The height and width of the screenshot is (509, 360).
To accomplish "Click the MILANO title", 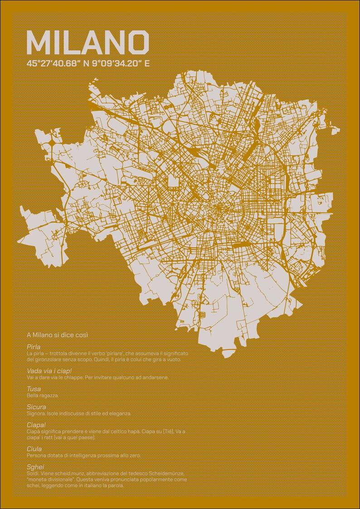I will [88, 42].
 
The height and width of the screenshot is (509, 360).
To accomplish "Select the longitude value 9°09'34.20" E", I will [121, 63].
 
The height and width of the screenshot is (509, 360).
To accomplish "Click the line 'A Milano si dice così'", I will [57, 335].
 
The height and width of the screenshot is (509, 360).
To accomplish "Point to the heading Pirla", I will [34, 347].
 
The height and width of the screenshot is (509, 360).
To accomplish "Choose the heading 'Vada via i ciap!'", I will [49, 371].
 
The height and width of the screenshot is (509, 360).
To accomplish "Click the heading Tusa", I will [34, 389].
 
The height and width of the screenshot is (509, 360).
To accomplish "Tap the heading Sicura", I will [36, 407].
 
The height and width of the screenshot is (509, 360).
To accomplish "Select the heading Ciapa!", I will [36, 425].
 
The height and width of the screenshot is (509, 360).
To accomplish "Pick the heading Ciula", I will [34, 449].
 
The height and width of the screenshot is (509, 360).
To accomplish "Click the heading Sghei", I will [35, 467].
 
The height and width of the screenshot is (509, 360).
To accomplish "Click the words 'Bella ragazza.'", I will [43, 395].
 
